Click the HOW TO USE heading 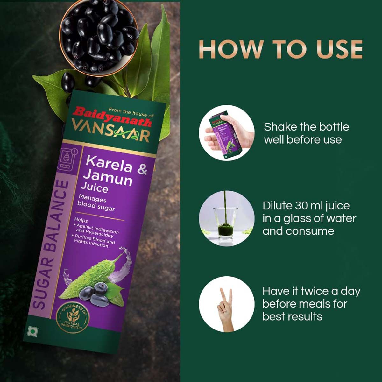tap(281, 49)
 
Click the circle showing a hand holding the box tap(226, 133)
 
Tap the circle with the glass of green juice tap(226, 218)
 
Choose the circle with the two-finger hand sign tap(226, 304)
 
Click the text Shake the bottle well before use tap(306, 133)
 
